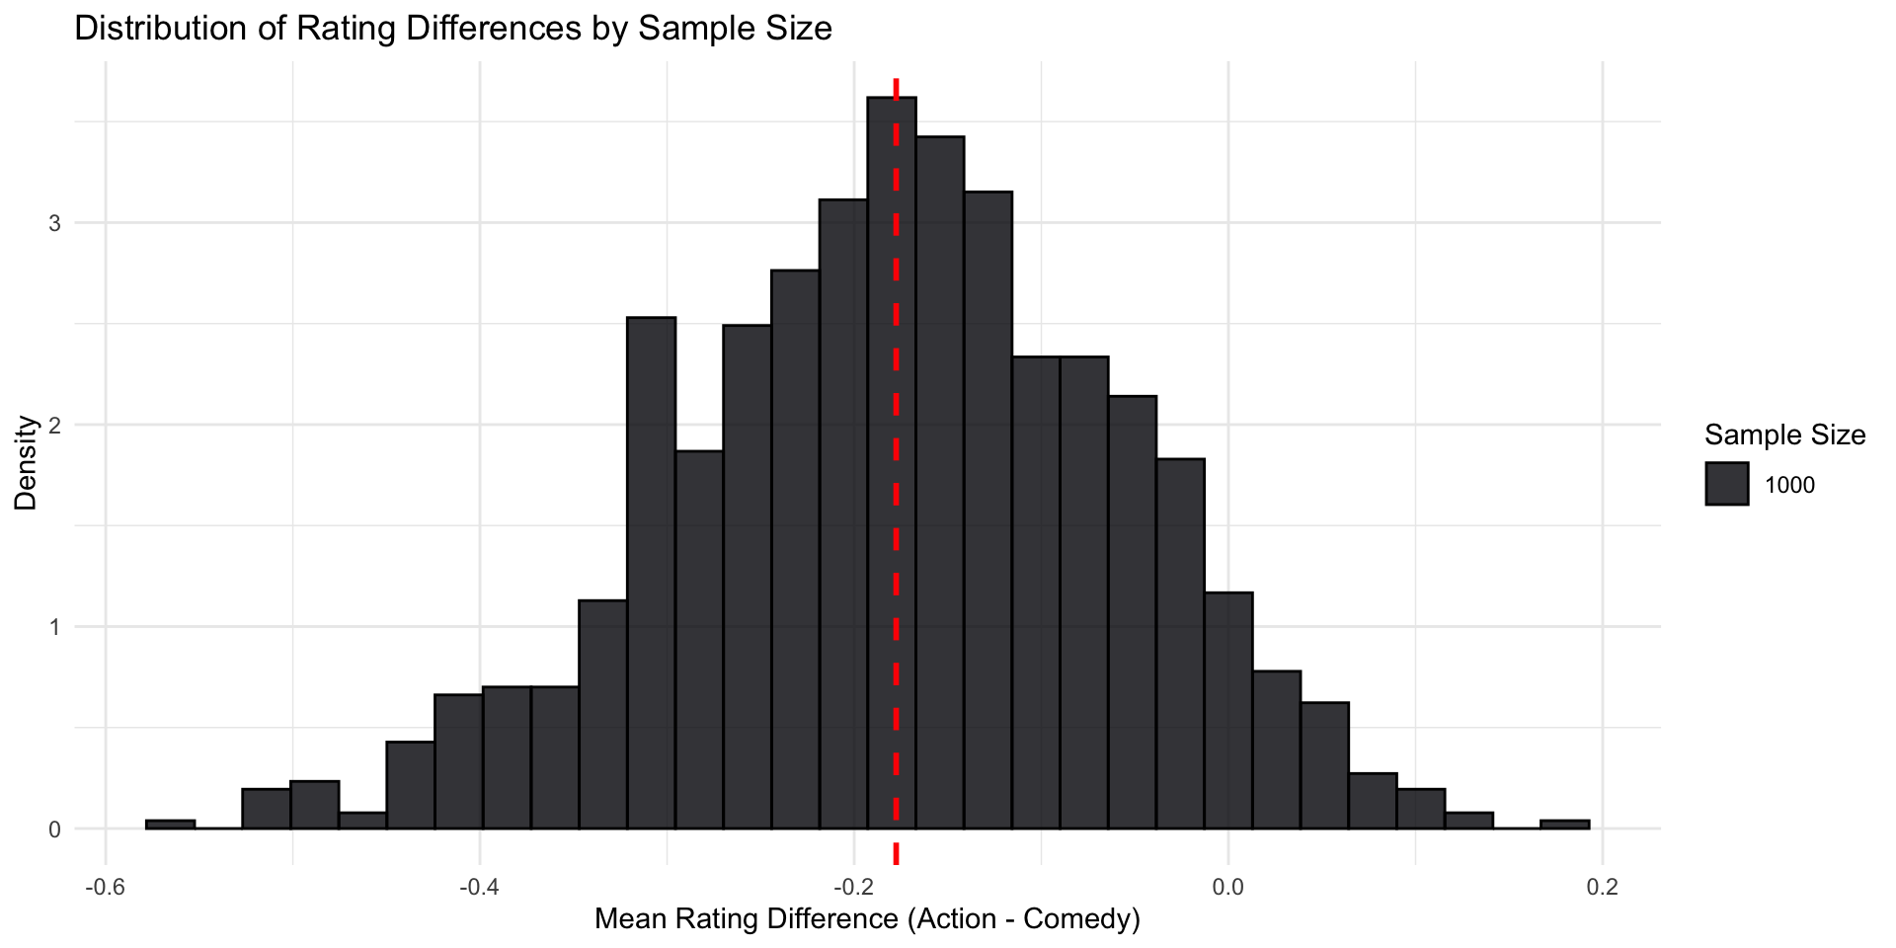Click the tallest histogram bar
click(891, 464)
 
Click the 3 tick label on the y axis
click(55, 223)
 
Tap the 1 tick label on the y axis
click(55, 627)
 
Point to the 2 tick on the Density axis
click(55, 426)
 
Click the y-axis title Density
click(27, 462)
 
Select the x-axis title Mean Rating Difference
click(867, 919)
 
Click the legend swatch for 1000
click(1726, 484)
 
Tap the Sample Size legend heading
click(1784, 434)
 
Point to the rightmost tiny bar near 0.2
click(1564, 824)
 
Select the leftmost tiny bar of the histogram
click(170, 824)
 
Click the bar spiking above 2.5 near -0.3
click(651, 573)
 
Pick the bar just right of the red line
click(939, 484)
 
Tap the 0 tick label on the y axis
click(55, 829)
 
